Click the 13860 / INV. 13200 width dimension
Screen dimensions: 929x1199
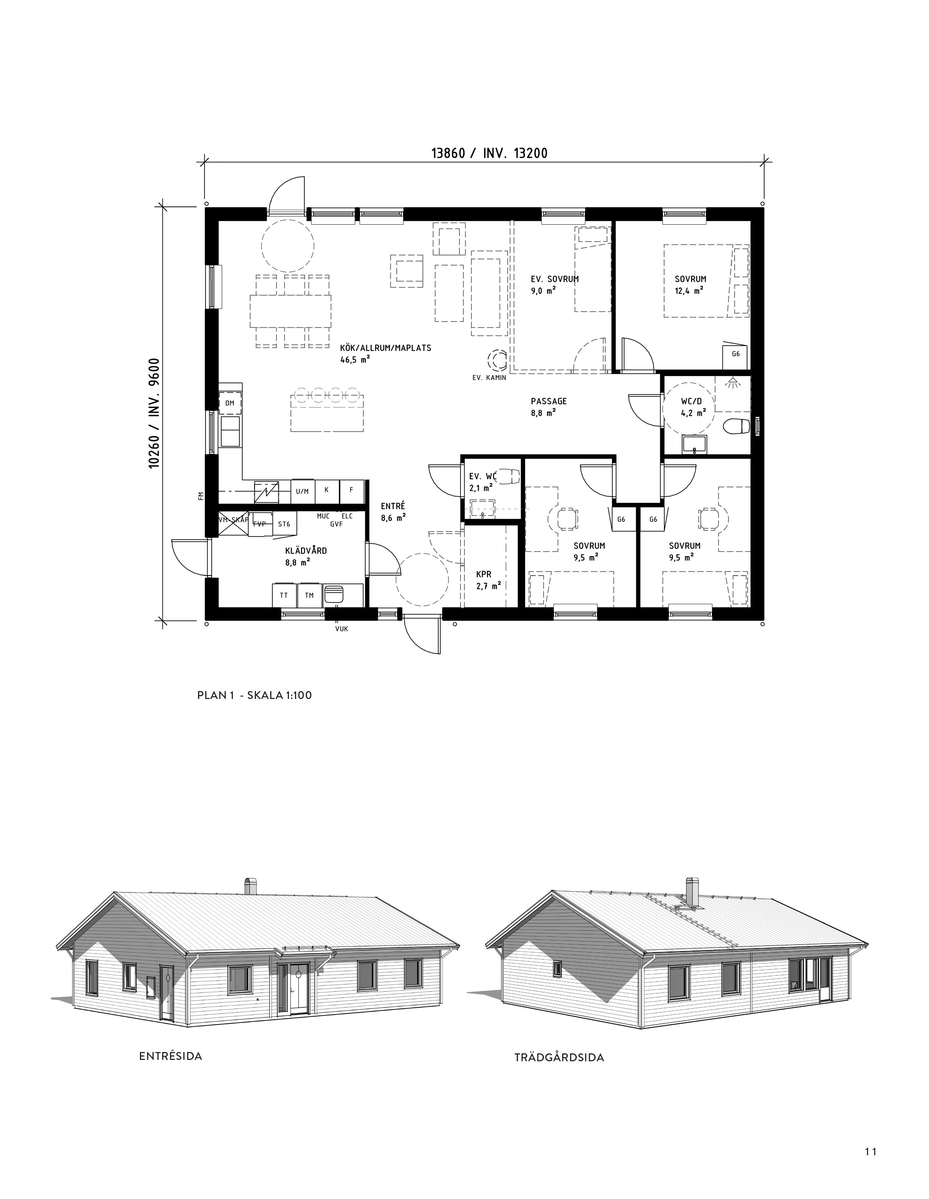tap(489, 153)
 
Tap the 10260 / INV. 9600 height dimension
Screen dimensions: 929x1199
tap(154, 413)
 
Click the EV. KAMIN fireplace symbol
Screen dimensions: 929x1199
tap(499, 361)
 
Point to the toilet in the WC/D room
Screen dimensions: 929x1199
tap(736, 426)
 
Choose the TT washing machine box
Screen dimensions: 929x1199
tap(284, 595)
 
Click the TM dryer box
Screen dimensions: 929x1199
tap(309, 595)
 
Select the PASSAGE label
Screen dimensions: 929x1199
tap(548, 401)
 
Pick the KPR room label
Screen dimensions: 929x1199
tap(484, 574)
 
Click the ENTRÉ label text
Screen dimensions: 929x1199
tap(393, 506)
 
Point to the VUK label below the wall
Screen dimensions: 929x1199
tap(342, 629)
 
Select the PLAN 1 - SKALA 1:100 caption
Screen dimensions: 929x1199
tap(254, 695)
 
